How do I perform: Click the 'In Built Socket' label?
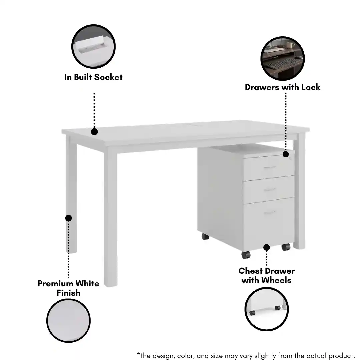click(x=93, y=77)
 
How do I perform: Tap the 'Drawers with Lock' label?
click(x=282, y=87)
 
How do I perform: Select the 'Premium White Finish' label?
click(x=68, y=288)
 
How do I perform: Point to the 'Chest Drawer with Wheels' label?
click(x=267, y=276)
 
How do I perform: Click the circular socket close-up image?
click(x=93, y=46)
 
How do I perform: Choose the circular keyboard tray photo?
click(x=282, y=58)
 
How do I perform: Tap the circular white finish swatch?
click(x=68, y=321)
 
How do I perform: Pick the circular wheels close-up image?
click(x=267, y=309)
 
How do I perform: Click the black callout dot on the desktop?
click(x=94, y=132)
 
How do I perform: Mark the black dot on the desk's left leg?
click(x=68, y=218)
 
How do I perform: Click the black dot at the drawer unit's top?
click(x=286, y=154)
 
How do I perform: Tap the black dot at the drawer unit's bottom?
click(x=267, y=247)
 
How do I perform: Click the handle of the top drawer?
click(x=270, y=167)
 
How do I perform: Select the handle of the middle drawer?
click(x=270, y=189)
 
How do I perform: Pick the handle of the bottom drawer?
click(x=270, y=212)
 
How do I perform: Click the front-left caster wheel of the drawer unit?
click(x=246, y=255)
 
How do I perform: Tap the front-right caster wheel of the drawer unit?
click(x=286, y=247)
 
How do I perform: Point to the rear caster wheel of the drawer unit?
click(x=205, y=236)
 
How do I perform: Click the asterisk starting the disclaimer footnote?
click(x=138, y=354)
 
